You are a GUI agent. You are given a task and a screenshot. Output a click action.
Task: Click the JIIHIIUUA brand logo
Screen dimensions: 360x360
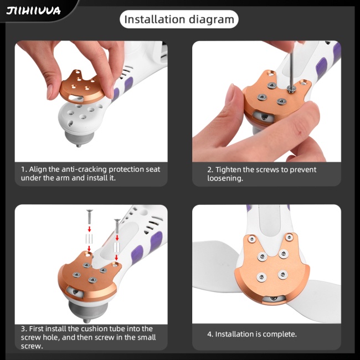[x=34, y=11]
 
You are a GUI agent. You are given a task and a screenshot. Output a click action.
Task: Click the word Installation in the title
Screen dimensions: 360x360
[x=151, y=19]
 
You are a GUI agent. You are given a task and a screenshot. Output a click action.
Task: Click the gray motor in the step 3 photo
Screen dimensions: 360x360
[x=89, y=311]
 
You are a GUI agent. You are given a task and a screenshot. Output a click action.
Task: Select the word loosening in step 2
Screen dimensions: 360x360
[x=225, y=178]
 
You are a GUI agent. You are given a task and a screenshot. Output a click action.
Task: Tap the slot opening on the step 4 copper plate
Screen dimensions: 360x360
[x=273, y=299]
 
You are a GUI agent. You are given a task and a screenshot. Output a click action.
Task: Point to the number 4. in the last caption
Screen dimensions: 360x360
[x=210, y=334]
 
